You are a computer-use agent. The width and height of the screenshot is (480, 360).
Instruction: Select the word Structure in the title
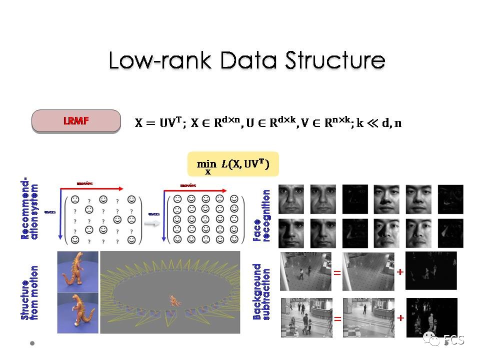point(334,61)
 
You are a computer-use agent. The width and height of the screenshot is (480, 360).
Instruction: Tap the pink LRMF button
point(76,121)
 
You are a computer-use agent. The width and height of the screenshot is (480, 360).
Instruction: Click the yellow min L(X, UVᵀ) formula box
point(232,164)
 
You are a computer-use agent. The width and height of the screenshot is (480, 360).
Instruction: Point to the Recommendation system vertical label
point(29,209)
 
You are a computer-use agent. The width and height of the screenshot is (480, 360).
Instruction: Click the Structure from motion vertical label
point(29,292)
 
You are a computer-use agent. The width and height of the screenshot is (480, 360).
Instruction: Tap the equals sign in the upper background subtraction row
point(337,272)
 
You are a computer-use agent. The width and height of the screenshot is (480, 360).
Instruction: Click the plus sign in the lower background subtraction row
point(400,318)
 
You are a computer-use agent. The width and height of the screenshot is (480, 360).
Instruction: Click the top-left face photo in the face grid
point(291,198)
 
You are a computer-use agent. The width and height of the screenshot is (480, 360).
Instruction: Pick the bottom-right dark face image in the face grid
point(450,233)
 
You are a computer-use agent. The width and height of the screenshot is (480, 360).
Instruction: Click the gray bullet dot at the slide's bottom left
point(32,343)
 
